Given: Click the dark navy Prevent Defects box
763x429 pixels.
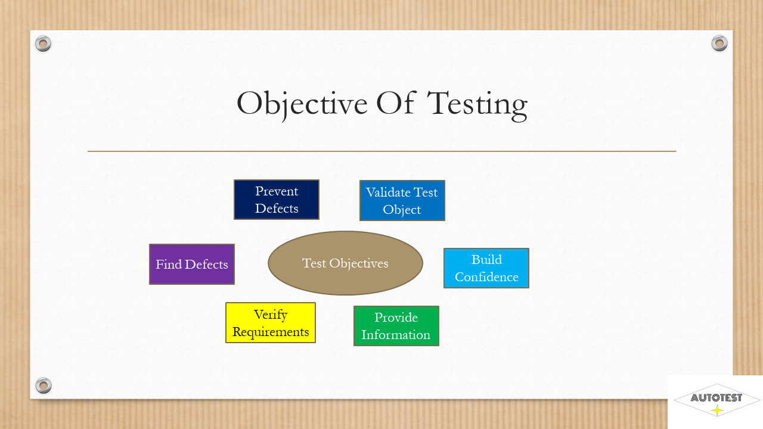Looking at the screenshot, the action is point(276,200).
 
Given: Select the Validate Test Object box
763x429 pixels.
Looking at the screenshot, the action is point(402,201).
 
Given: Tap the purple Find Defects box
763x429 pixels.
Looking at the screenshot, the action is point(192,264).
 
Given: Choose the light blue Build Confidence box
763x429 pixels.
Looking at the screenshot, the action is point(486,268).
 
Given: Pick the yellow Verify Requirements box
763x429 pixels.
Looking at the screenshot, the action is point(271,322).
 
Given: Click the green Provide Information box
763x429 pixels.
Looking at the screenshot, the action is point(396,326).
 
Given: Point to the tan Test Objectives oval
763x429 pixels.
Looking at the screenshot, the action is point(345,263).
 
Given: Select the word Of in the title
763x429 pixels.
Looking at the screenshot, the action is point(396,102).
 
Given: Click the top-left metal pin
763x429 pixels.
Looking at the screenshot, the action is point(43,43).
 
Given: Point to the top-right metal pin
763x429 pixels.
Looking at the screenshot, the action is point(719,43).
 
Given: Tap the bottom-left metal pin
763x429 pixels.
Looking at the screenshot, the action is point(44,386).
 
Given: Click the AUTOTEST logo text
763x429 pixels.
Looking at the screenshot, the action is point(717,397).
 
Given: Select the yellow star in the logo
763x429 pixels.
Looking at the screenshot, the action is point(717,411).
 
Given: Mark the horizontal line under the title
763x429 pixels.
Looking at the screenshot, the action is point(382,151).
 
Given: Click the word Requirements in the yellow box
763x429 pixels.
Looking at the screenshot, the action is point(271,332).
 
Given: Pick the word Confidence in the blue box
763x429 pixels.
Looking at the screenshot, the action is point(486,277).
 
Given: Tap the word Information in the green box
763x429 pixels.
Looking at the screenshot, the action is point(396,335).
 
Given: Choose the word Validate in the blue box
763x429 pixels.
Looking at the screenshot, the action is point(383,192).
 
